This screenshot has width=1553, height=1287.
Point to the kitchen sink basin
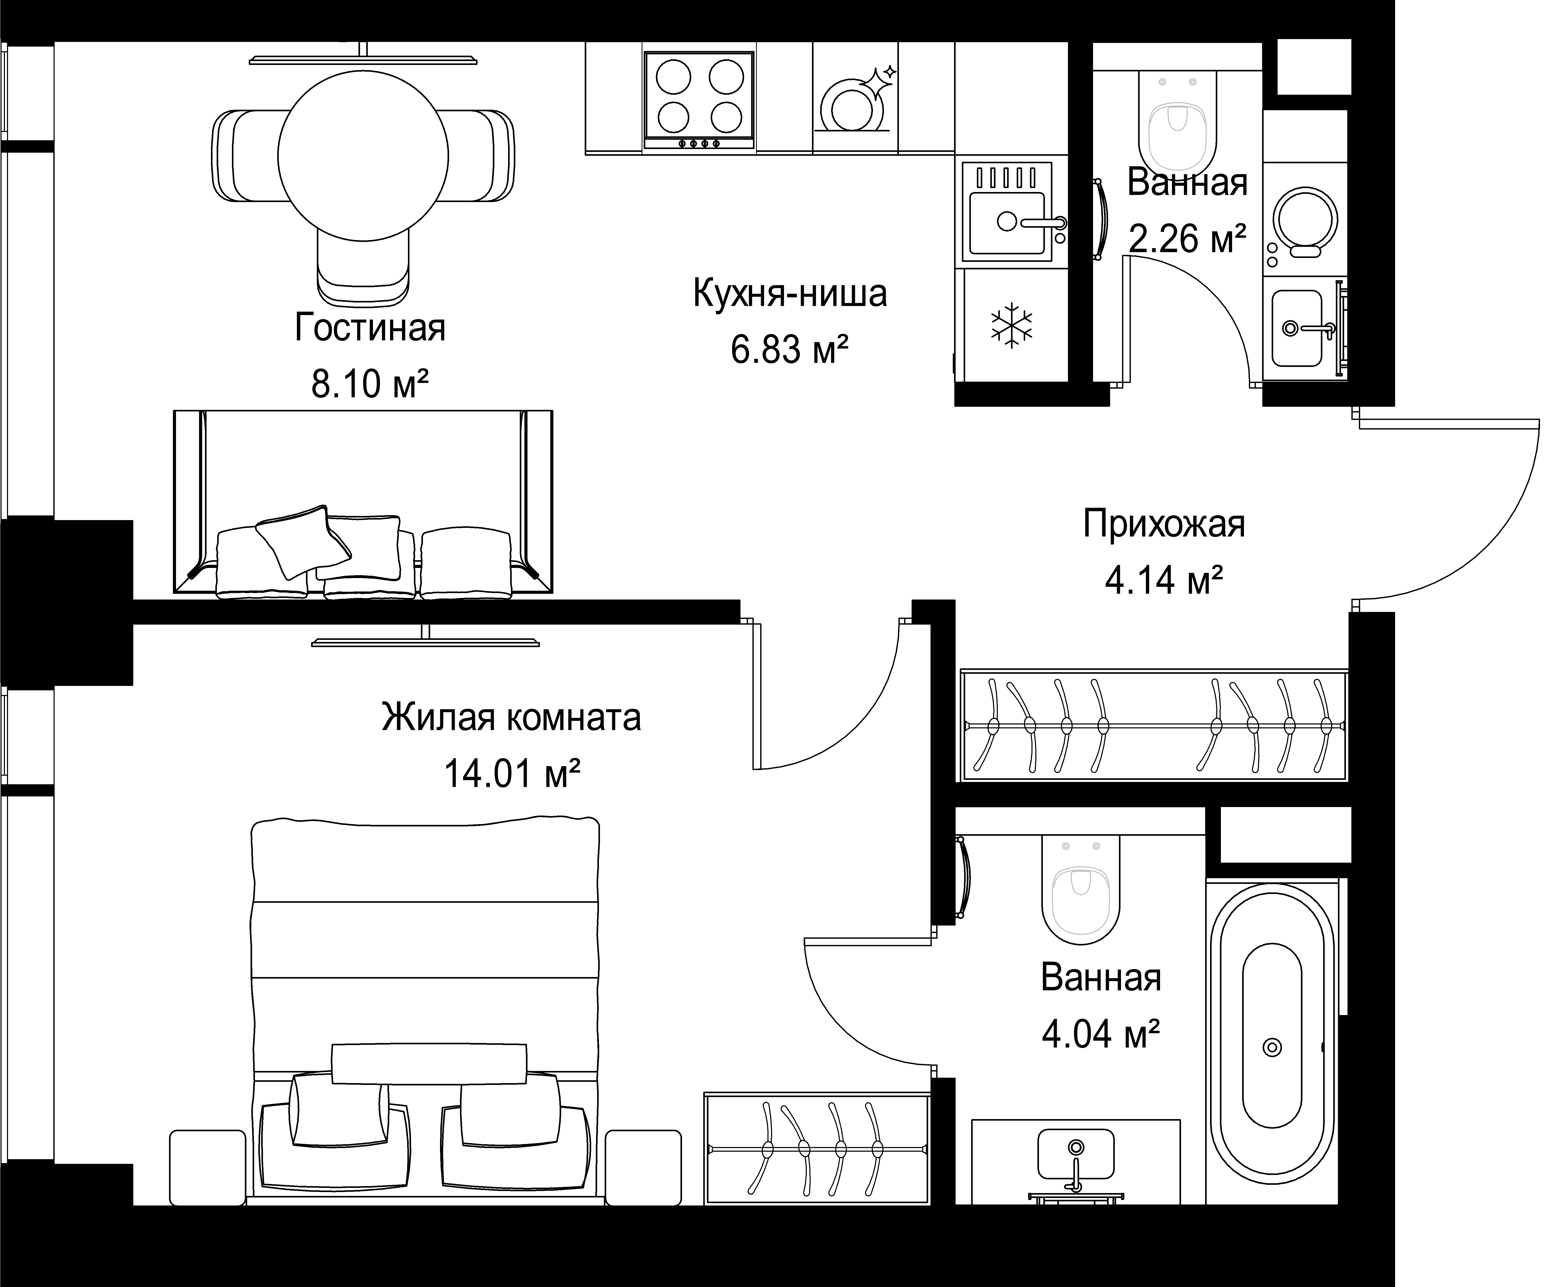coord(1007,222)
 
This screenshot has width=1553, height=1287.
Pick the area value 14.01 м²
coord(511,774)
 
